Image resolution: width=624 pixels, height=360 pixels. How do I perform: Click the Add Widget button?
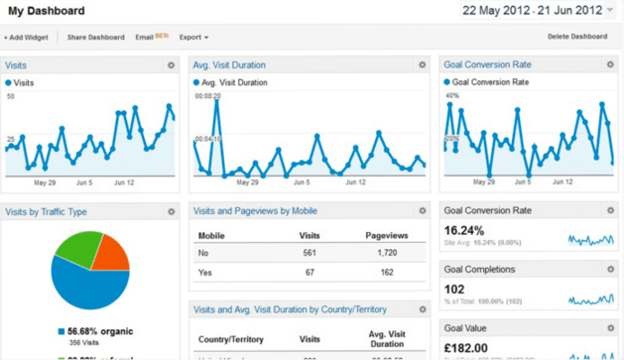[26, 38]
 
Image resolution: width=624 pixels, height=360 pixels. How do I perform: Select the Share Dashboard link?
[95, 38]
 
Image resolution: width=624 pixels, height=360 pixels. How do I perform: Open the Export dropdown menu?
[193, 38]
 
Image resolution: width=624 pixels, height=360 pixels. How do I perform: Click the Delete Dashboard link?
[577, 37]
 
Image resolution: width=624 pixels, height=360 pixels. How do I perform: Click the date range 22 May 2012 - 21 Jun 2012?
[532, 11]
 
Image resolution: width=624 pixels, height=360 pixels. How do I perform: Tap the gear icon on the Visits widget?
[172, 65]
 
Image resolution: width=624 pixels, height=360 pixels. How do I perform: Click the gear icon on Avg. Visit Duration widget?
[422, 65]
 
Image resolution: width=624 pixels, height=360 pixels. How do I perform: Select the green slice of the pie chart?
[77, 248]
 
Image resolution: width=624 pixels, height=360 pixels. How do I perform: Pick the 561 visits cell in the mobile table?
[310, 253]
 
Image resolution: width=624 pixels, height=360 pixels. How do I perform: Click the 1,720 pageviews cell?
[387, 253]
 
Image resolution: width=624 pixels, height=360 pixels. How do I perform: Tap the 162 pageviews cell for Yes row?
[387, 272]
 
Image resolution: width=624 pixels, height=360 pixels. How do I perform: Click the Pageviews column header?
[387, 235]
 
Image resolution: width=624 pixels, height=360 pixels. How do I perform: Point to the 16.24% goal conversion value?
[464, 230]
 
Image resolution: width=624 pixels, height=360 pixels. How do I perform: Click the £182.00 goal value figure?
[466, 348]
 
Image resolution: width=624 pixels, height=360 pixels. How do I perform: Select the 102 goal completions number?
[453, 290]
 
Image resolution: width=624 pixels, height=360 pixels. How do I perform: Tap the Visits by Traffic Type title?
[46, 212]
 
